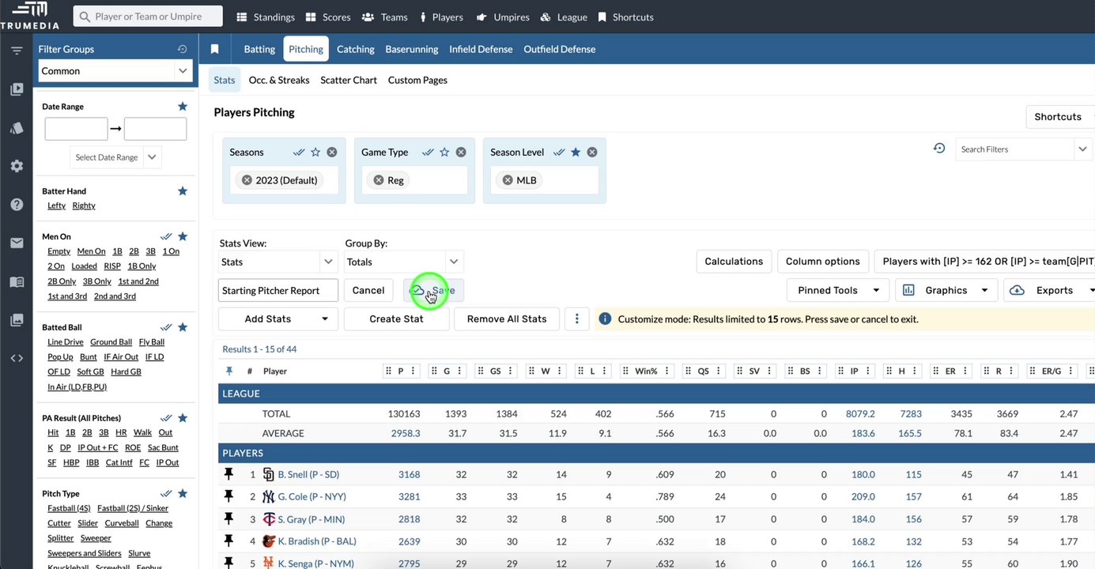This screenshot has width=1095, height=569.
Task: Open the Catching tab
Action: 355,49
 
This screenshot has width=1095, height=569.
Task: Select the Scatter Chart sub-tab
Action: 348,80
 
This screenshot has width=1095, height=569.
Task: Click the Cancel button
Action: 368,290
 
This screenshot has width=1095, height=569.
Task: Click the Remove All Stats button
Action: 506,318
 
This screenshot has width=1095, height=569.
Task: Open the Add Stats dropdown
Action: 278,318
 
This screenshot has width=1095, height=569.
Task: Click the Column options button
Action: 822,262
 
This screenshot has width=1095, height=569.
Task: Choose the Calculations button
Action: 733,262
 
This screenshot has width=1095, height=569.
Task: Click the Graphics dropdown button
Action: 946,290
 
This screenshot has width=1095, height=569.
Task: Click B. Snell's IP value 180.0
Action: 863,475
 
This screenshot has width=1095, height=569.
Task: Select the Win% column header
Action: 646,371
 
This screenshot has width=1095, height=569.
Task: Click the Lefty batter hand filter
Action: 56,205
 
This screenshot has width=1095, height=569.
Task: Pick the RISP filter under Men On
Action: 112,266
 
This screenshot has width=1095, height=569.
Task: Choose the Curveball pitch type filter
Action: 122,523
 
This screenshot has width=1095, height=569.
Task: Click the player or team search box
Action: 148,17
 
